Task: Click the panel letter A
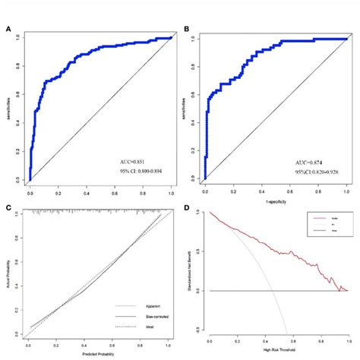pos(8,30)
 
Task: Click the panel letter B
pos(187,30)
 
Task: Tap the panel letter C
pos(8,206)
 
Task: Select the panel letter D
pos(187,206)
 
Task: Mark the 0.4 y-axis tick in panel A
pos(18,122)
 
